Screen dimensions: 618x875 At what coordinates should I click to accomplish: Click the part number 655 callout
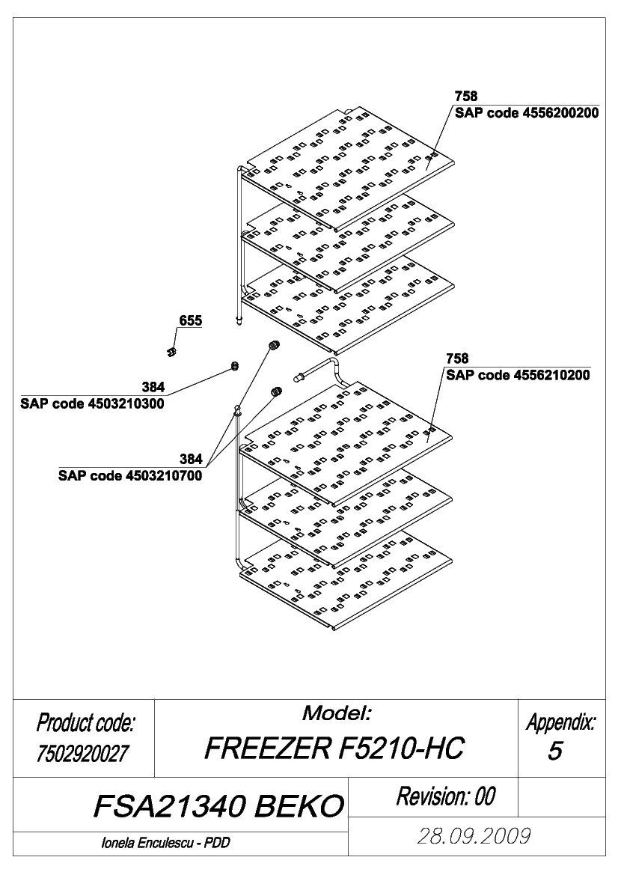coord(191,321)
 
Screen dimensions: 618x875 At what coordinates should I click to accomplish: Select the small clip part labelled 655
coord(171,351)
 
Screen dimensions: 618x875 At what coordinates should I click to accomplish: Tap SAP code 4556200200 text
coord(527,113)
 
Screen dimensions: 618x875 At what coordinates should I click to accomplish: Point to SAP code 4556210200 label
coord(518,375)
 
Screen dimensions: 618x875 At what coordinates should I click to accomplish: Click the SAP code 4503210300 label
coord(92,404)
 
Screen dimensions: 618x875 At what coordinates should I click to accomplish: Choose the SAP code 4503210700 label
coord(130,476)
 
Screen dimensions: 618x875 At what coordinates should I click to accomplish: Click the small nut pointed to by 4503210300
coord(235,366)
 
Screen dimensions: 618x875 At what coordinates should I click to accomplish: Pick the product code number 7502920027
coord(82,754)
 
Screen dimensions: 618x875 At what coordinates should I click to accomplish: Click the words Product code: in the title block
coord(85,723)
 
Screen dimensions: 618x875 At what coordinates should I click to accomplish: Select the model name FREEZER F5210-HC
coord(334,749)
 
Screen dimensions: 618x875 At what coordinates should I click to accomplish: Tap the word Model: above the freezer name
coord(337,713)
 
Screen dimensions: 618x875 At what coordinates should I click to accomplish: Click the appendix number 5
coord(554,751)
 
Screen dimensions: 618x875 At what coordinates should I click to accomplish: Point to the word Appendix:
coord(561,723)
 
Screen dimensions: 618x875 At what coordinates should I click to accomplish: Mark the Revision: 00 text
coord(446,796)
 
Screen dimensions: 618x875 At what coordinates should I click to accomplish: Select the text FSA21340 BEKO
coord(218,806)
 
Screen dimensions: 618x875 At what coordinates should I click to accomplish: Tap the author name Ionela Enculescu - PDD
coord(165,844)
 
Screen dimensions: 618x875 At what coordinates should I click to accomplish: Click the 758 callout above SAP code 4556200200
coord(466,97)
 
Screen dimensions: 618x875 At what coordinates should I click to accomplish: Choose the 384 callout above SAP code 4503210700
coord(191,460)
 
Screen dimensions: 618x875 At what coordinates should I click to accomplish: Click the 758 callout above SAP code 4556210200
coord(457,359)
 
